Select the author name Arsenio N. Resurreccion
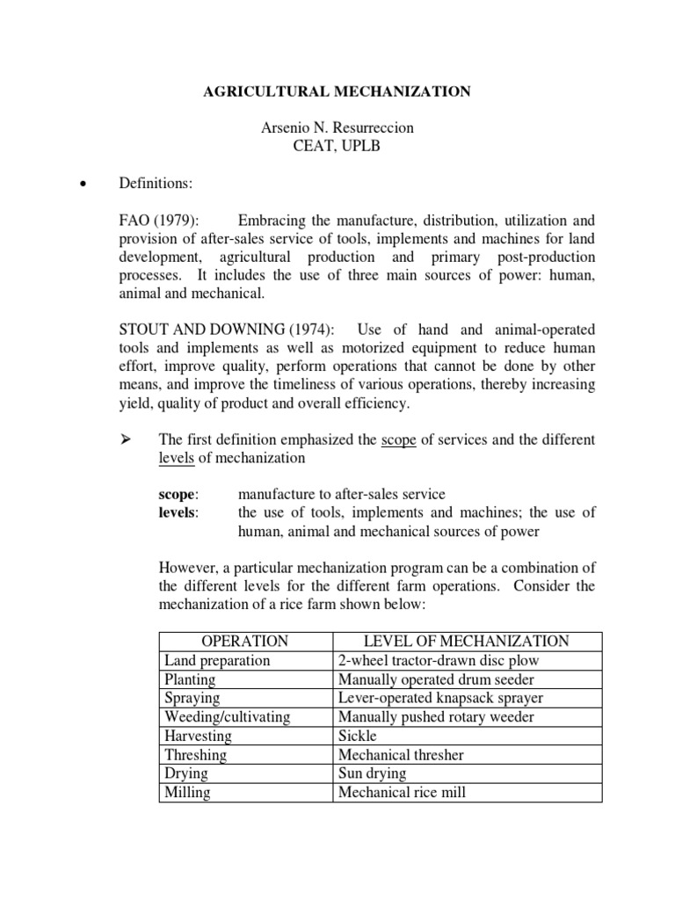tap(337, 127)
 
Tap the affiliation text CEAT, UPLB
tap(337, 146)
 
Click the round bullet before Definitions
tap(83, 185)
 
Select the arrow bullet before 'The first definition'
tap(125, 439)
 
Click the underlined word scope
tap(398, 439)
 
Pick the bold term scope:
tap(178, 494)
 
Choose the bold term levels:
tap(178, 512)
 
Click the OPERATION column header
tap(245, 641)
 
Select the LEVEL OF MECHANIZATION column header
tap(467, 641)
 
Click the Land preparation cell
tap(217, 660)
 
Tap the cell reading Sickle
tap(358, 736)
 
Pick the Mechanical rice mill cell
tap(402, 793)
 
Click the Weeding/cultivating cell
tap(227, 717)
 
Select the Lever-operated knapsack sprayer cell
tap(440, 698)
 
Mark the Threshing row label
tap(195, 755)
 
